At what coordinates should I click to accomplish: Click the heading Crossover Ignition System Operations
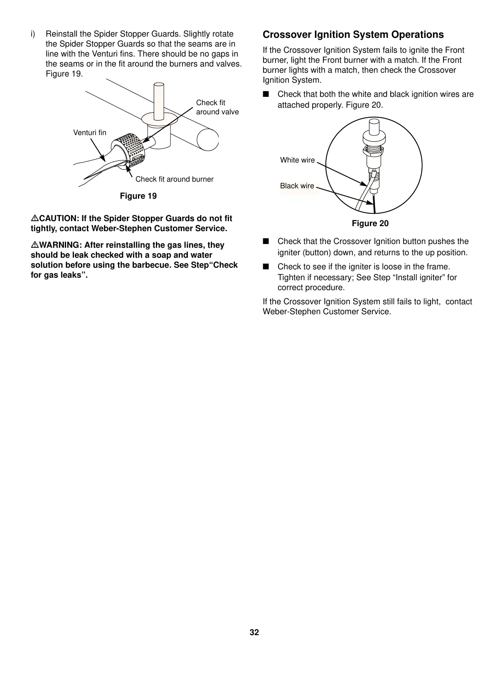click(x=353, y=35)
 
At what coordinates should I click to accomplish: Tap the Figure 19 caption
click(x=138, y=196)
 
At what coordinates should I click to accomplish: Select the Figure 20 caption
click(x=370, y=224)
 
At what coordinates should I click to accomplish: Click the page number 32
click(x=254, y=633)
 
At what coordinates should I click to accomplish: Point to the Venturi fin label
click(x=89, y=133)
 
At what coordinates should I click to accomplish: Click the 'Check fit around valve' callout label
click(x=217, y=107)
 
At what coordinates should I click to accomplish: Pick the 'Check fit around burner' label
click(x=174, y=179)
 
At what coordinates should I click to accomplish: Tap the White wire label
click(x=297, y=160)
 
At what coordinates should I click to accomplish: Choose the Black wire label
click(x=297, y=186)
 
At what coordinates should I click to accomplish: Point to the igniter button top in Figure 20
click(x=374, y=125)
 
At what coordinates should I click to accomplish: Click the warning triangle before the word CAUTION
click(x=34, y=219)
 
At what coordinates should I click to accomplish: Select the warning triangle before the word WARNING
click(x=34, y=245)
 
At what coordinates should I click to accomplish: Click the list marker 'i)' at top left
click(x=33, y=34)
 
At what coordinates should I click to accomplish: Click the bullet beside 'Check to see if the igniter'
click(x=266, y=267)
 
